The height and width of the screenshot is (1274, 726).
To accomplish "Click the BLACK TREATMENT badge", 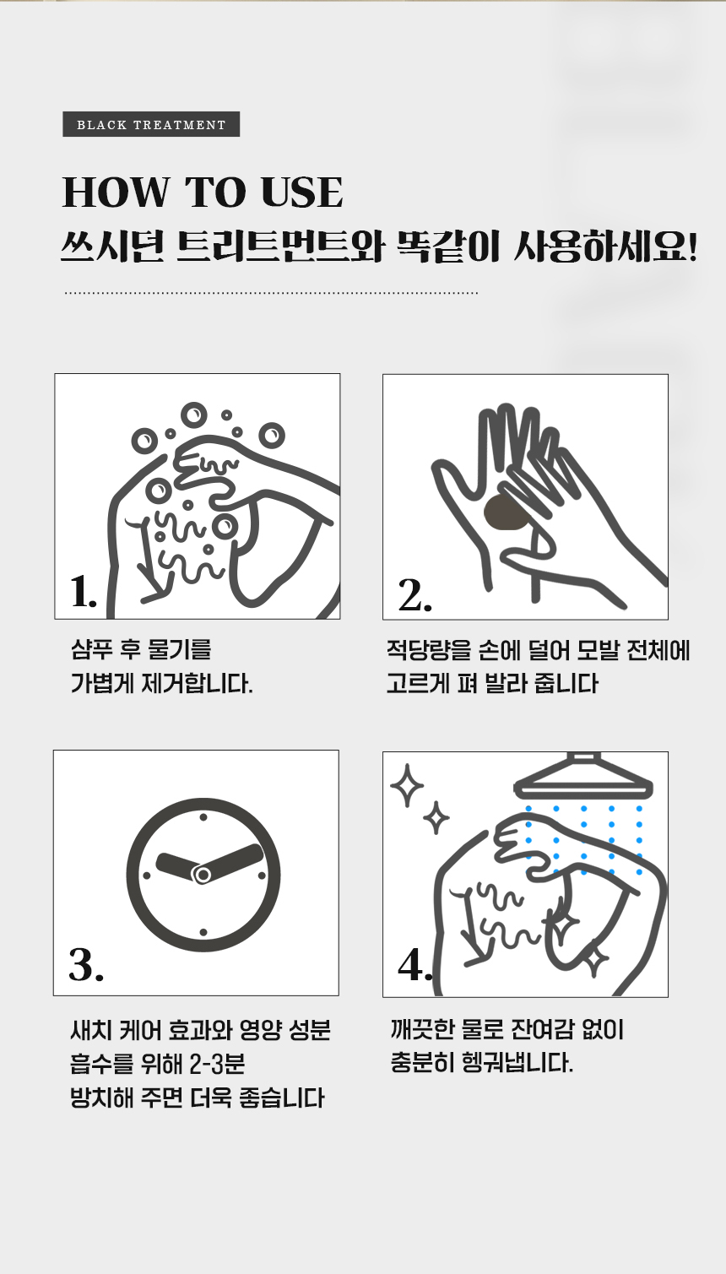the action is tap(151, 124).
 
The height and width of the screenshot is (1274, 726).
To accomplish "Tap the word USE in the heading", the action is tap(301, 192).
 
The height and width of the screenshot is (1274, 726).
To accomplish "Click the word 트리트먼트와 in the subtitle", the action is tap(280, 247).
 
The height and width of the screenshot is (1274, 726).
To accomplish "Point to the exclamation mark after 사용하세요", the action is tap(692, 247).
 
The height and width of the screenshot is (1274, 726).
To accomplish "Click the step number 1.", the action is tap(83, 592).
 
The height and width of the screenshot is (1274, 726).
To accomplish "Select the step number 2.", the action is tap(415, 597).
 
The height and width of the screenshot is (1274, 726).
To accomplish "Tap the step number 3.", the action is tap(86, 965).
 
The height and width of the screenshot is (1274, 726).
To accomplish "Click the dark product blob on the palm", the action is tap(505, 512).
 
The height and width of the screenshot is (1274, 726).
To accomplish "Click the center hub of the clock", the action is tap(203, 874).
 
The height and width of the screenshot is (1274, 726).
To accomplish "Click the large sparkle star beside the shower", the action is tap(407, 785).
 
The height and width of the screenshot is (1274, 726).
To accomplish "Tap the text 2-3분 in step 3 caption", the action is tap(217, 1064).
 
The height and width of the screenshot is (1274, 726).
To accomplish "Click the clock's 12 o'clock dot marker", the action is tap(203, 817).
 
